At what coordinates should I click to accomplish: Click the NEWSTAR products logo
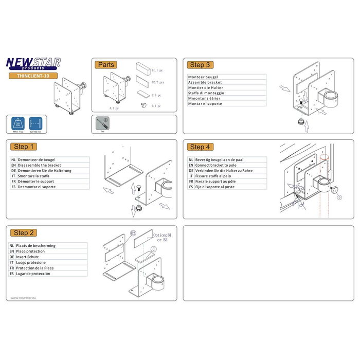[33, 63]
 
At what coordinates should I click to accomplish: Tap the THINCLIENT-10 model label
[32, 76]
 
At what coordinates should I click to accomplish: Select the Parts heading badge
[106, 65]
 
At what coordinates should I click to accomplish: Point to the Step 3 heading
[200, 65]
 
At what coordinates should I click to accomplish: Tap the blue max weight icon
[17, 125]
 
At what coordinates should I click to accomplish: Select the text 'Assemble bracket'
[205, 82]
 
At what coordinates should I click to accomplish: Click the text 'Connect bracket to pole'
[220, 165]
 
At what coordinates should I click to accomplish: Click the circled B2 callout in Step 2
[133, 233]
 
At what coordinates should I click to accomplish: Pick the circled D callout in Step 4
[339, 196]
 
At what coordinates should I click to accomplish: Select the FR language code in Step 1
[13, 182]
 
